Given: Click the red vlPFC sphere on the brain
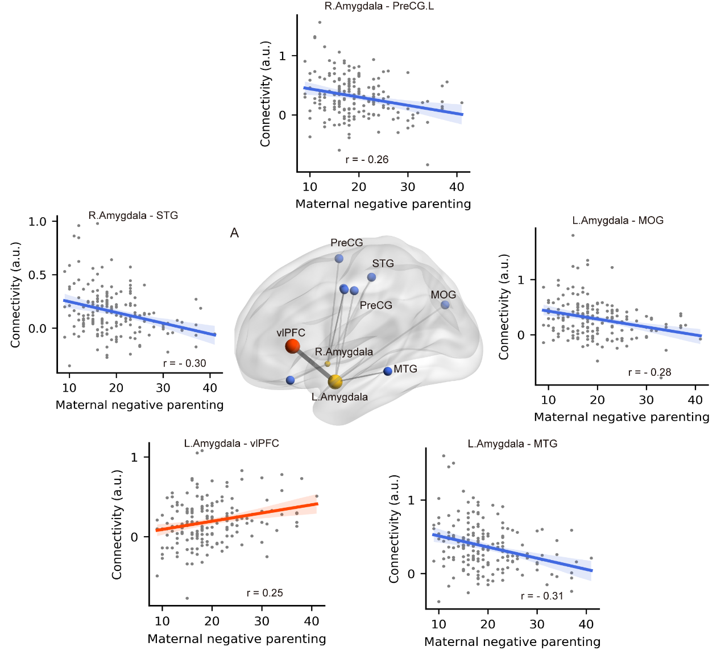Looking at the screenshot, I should pyautogui.click(x=292, y=346).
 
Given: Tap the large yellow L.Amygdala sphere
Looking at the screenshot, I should pyautogui.click(x=335, y=382).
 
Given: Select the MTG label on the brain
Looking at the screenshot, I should pyautogui.click(x=405, y=369).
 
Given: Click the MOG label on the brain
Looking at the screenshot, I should pyautogui.click(x=444, y=295).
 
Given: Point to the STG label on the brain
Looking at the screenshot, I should pyautogui.click(x=383, y=263).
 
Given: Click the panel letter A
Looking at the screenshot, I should pyautogui.click(x=234, y=233).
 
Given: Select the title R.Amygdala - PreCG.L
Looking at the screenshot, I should pyautogui.click(x=379, y=6).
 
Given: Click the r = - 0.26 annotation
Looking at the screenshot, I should pyautogui.click(x=367, y=160).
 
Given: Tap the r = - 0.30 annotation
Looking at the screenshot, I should pyautogui.click(x=184, y=363).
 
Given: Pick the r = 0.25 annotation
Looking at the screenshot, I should pyautogui.click(x=264, y=593).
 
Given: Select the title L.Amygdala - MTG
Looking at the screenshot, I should pyautogui.click(x=512, y=444).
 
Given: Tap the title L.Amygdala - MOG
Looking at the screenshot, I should pyautogui.click(x=618, y=221).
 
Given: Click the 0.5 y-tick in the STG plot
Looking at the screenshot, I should pyautogui.click(x=38, y=275).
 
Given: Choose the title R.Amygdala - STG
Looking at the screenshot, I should pyautogui.click(x=133, y=215).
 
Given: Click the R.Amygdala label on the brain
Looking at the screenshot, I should pyautogui.click(x=344, y=352).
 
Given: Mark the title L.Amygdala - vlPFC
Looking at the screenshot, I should pyautogui.click(x=231, y=444).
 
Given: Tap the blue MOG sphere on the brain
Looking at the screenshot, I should pyautogui.click(x=445, y=305).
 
